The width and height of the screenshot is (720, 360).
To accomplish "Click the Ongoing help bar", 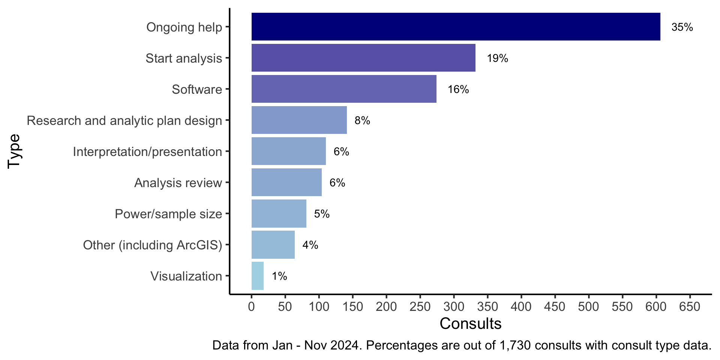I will coord(456,27).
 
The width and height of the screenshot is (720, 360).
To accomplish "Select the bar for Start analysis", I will coord(363,58).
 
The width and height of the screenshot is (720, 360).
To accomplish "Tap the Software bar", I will coord(344,89).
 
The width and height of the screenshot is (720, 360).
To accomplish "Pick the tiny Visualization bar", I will coord(258,276).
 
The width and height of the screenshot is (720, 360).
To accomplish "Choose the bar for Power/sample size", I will coord(279,213).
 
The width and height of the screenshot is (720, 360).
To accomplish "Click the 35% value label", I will coord(682,27).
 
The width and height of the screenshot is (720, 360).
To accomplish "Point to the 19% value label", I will coord(497,58).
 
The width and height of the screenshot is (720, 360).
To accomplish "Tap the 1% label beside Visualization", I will coord(279,276).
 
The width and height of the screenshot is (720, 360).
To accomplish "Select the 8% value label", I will coord(362,120).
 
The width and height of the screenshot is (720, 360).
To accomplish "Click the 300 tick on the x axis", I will coord(454,307).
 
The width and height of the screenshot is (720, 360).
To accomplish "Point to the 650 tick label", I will coord(690,307).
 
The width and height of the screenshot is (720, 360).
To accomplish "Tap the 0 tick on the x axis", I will coord(251,307).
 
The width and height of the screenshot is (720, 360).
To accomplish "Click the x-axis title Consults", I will coord(470,324).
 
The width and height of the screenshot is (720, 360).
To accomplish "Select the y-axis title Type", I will coord(14,151).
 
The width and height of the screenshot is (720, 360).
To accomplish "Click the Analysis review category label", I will coord(178,183).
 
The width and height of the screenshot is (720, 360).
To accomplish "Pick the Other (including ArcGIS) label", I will coord(153,245).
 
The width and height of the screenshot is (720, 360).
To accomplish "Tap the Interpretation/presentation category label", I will coord(147,152).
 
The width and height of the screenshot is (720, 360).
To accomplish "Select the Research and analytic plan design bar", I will coord(299,120).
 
